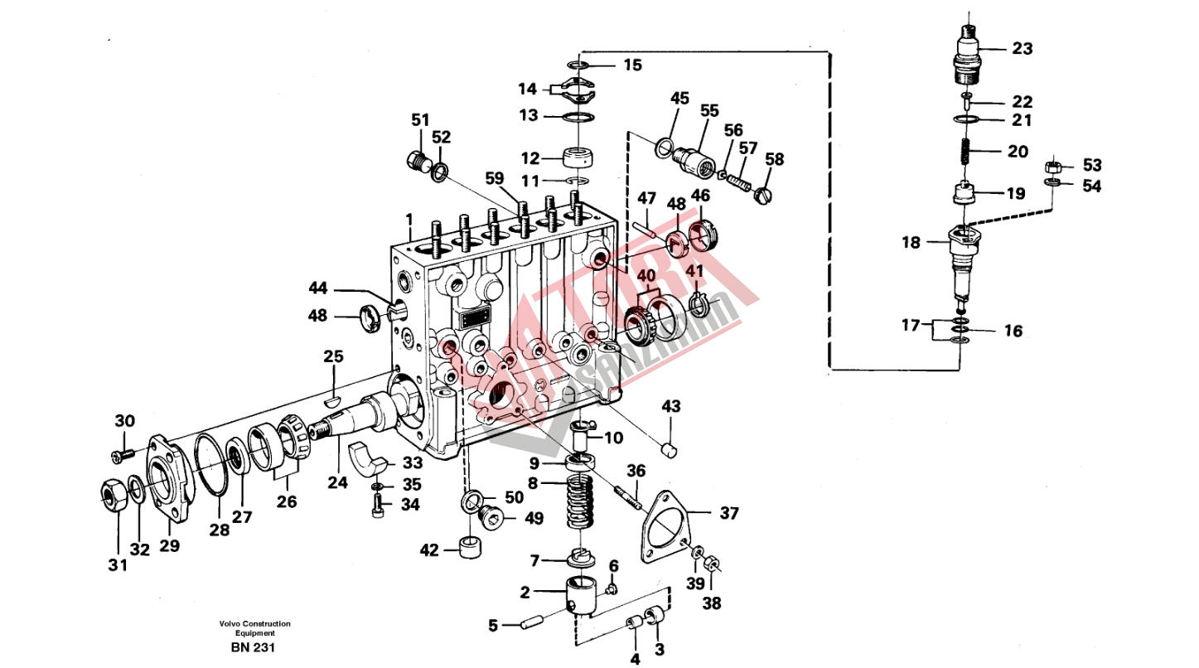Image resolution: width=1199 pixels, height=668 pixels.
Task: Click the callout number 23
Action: [x=1022, y=49]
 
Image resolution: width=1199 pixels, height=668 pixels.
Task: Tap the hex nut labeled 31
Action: [x=113, y=495]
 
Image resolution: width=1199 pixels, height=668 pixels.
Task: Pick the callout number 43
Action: [x=670, y=407]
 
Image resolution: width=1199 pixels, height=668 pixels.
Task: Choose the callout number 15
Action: [x=632, y=65]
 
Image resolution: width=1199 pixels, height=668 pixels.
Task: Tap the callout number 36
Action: [x=636, y=472]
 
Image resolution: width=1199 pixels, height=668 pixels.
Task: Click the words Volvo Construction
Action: [x=255, y=623]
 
